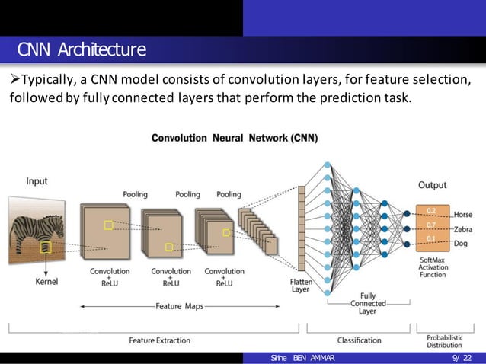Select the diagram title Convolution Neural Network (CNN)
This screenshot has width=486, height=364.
click(235, 139)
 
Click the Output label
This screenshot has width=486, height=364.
click(432, 185)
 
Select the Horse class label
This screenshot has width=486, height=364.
click(462, 214)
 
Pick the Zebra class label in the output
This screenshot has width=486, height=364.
click(462, 229)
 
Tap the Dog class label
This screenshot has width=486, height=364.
click(461, 244)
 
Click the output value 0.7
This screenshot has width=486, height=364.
click(431, 225)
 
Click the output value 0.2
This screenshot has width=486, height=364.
click(431, 210)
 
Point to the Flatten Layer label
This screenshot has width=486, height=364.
click(301, 285)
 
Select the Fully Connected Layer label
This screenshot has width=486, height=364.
click(367, 303)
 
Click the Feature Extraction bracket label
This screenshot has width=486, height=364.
click(159, 340)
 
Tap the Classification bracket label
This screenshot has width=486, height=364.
click(360, 340)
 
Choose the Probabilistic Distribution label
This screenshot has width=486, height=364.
click(444, 340)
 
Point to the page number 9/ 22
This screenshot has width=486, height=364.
click(461, 358)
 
